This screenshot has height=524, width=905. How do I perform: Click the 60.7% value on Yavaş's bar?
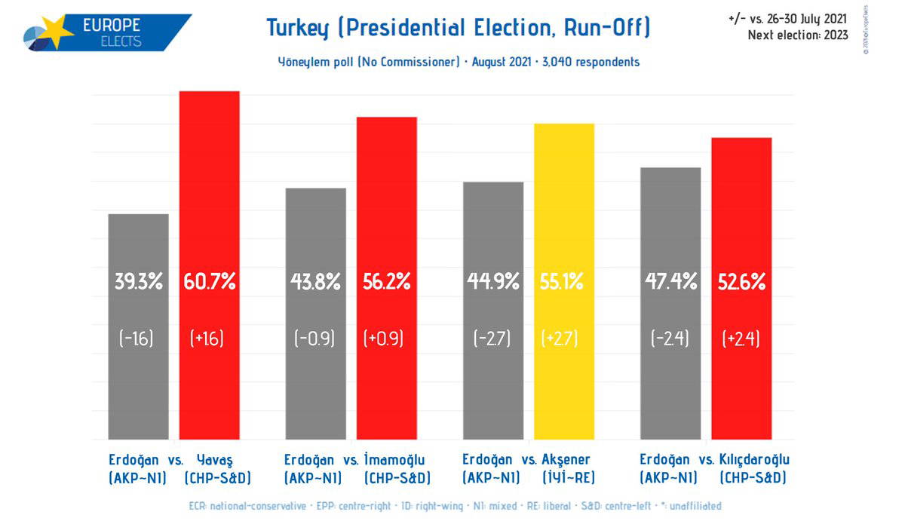[x=210, y=283]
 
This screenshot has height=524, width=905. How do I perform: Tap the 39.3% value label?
[x=138, y=283]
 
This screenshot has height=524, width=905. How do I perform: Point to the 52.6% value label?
[x=741, y=283]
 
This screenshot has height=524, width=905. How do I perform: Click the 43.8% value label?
[x=315, y=283]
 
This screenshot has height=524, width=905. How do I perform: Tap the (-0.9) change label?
[x=315, y=339]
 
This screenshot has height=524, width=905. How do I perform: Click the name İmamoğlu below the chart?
[x=395, y=459]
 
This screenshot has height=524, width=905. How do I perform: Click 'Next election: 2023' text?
[x=797, y=35]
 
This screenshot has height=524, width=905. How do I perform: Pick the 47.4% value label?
[x=670, y=283]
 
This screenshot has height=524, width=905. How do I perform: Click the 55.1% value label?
[x=562, y=283]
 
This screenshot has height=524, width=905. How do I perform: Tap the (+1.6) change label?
[x=207, y=339]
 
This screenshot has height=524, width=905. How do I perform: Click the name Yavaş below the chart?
[x=216, y=459]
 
